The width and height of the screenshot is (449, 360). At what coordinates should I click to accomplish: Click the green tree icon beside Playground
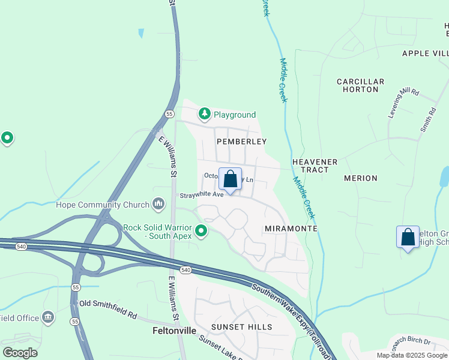tap(205, 114)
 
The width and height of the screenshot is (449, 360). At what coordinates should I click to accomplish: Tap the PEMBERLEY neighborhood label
tap(241, 142)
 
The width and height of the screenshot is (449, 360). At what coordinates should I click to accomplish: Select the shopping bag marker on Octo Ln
tap(230, 179)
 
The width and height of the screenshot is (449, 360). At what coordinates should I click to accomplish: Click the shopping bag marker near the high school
tap(408, 236)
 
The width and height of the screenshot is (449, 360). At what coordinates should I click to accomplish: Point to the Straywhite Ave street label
tap(202, 194)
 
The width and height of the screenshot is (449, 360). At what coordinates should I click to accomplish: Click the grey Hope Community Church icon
tap(158, 205)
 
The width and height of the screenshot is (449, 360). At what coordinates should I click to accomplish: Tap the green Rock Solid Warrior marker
tap(201, 230)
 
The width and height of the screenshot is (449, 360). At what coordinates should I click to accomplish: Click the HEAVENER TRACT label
tap(315, 166)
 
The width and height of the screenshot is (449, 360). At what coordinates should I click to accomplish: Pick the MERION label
tap(360, 178)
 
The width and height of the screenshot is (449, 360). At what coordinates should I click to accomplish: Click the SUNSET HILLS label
tap(241, 327)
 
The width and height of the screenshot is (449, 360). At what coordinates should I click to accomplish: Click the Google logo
tap(20, 352)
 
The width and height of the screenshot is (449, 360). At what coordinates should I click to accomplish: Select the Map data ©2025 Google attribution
tap(412, 355)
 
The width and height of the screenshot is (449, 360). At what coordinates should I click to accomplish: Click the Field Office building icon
tap(48, 317)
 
